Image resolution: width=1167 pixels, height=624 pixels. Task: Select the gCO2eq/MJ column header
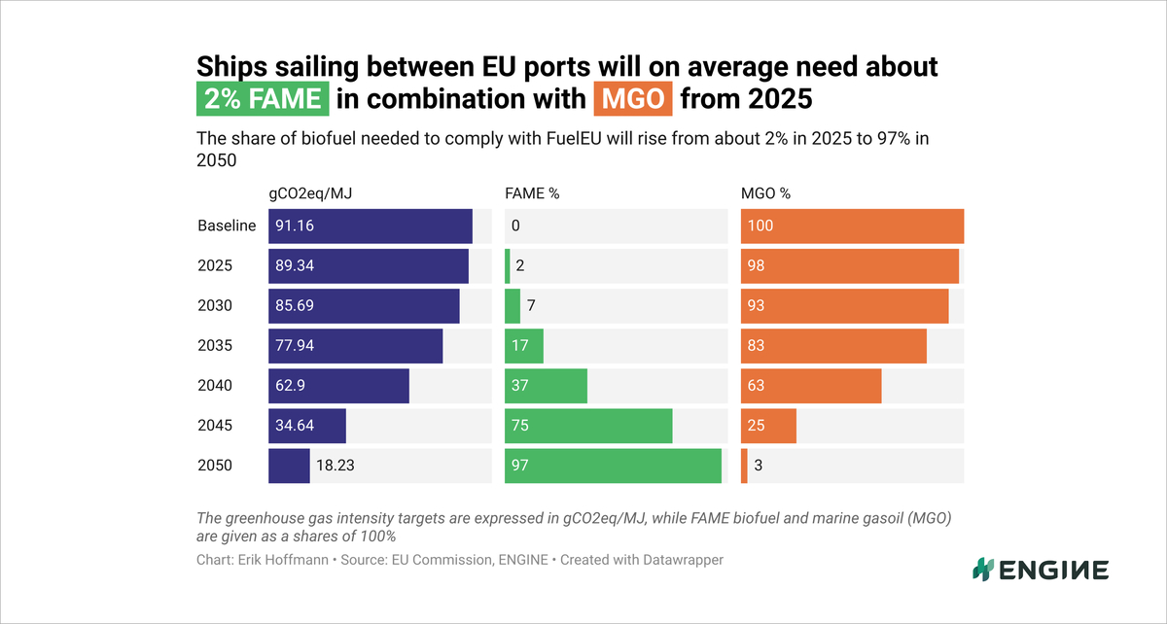[x=310, y=193]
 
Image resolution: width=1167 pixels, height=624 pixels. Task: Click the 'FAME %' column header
[x=532, y=193]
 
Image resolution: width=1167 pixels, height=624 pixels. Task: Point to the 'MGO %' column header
[x=765, y=193]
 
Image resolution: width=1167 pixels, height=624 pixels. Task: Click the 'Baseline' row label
[x=227, y=226]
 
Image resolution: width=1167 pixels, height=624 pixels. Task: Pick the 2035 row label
[x=215, y=346]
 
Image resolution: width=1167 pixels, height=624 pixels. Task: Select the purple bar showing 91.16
[x=370, y=226]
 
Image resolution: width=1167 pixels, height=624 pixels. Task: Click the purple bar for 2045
[x=307, y=426]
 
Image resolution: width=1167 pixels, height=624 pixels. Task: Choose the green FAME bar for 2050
[x=613, y=466]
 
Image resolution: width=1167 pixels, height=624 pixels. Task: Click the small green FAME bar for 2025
[x=508, y=266]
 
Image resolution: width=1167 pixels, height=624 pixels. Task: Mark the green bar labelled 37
[x=546, y=386]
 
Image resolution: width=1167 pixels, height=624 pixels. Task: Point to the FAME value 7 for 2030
[x=531, y=306]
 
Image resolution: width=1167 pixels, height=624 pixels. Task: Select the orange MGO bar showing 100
[x=852, y=226]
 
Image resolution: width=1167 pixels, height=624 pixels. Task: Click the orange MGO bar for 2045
[x=768, y=426]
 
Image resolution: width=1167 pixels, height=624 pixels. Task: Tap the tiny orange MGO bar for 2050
[x=744, y=466]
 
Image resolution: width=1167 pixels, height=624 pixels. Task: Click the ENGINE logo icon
[x=984, y=570]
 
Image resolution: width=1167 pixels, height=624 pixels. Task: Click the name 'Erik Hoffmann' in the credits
[x=291, y=560]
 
